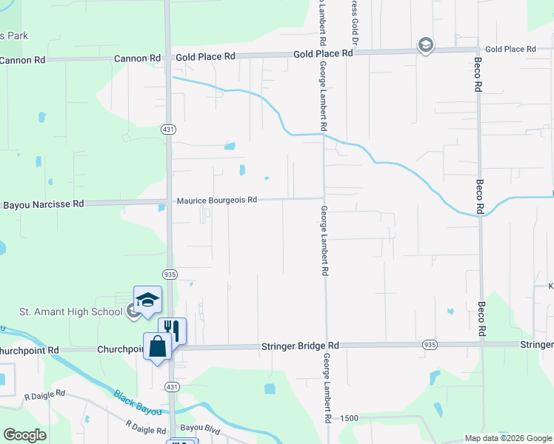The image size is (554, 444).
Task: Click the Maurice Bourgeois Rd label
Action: [x=216, y=200]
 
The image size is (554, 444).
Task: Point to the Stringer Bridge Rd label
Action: [x=300, y=346]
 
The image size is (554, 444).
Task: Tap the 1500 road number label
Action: [x=350, y=418]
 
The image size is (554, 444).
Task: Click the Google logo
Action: [x=24, y=434]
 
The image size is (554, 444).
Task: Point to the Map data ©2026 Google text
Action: [x=508, y=438]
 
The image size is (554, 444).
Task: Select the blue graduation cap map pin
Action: [x=147, y=299]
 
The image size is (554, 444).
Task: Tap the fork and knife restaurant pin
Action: [x=173, y=329]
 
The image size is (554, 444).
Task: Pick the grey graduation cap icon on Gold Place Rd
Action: [x=425, y=46]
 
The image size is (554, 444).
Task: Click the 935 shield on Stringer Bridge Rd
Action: [x=430, y=345]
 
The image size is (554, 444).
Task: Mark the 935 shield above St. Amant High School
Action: [x=170, y=273]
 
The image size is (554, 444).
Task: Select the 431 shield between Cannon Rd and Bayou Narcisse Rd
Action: [x=169, y=129]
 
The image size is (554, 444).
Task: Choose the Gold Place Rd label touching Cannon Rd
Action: [x=205, y=56]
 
